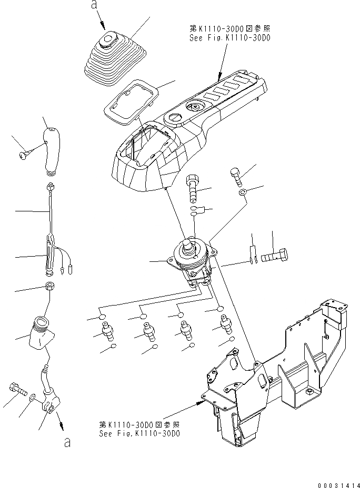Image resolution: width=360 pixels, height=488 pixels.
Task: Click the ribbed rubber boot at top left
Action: pyautogui.click(x=110, y=60)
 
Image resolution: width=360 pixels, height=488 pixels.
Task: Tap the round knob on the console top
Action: pyautogui.click(x=195, y=107)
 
